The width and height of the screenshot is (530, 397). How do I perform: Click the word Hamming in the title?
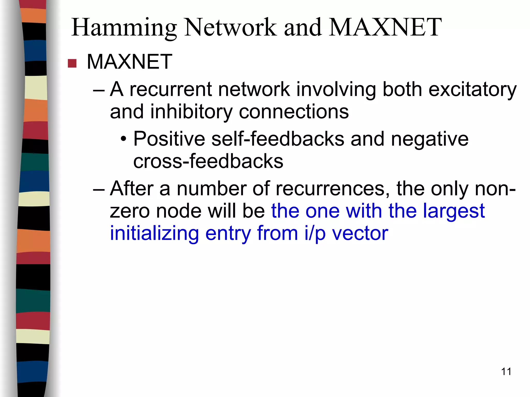pos(124,27)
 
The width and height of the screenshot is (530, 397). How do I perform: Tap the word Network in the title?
pos(230,27)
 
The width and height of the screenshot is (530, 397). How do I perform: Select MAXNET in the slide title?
pos(386,27)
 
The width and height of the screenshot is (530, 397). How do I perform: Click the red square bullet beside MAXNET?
pos(72,63)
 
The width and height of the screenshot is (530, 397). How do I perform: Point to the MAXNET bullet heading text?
pos(129,62)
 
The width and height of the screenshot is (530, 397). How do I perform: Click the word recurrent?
pos(171,89)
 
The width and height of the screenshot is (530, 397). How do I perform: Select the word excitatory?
pos(473,89)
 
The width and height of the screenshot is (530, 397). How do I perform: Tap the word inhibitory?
pos(191,112)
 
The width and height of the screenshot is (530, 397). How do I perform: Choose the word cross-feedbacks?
pos(208,161)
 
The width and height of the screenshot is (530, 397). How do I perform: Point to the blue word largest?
pos(454,211)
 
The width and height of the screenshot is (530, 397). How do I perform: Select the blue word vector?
pos(360,233)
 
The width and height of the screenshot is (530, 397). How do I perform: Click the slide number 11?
pos(506,372)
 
